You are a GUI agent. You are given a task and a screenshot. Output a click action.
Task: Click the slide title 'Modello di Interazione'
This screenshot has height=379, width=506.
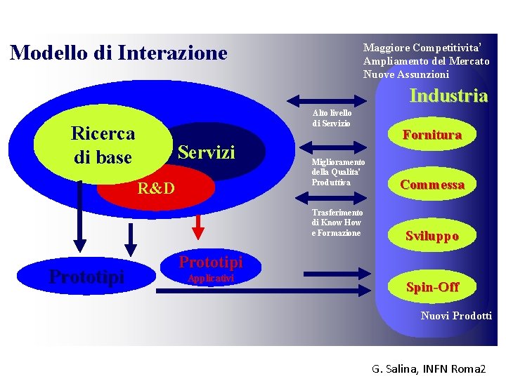tap(119, 53)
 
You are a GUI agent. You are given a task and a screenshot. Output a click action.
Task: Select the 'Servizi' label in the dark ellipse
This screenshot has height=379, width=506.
tap(207, 152)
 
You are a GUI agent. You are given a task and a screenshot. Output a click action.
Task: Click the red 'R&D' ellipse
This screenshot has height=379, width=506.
tap(155, 187)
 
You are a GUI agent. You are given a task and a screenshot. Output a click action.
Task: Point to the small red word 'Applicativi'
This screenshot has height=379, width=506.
tap(211, 279)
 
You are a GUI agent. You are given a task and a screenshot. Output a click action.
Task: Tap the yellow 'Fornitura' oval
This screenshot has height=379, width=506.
tap(432, 135)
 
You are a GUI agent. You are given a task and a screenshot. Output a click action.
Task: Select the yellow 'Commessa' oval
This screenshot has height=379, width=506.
tap(432, 185)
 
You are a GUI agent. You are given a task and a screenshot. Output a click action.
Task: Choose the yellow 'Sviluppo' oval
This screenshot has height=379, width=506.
tap(432, 236)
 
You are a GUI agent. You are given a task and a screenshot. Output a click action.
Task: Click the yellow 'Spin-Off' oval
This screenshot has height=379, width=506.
tap(432, 286)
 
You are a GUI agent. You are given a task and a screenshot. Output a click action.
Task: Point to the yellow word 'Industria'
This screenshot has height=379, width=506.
tap(448, 95)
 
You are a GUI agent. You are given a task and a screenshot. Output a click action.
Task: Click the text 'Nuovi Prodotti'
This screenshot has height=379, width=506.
tap(456, 316)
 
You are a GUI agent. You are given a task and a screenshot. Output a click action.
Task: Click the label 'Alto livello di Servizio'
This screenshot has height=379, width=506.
tap(332, 118)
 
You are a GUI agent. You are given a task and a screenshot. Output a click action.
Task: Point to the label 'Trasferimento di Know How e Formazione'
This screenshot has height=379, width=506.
tap(337, 222)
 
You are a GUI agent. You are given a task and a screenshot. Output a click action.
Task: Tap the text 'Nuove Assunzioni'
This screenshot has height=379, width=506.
tap(406, 74)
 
